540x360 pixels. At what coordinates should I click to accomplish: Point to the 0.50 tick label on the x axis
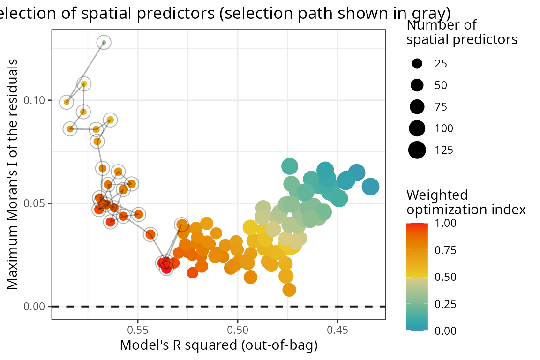coord(237,330)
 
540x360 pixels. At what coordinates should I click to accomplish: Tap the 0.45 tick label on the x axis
coord(337,330)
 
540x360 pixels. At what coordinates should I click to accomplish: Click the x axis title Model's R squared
coord(219,346)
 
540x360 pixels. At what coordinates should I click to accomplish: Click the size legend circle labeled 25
coord(417,64)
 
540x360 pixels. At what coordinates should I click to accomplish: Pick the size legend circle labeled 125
coord(417,150)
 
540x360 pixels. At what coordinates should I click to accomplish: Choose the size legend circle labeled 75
coord(417,107)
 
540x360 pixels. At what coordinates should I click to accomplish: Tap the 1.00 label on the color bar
coord(446,224)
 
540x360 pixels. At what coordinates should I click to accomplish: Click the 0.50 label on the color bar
coord(446,277)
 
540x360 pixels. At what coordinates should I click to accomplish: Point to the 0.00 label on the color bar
coord(446,330)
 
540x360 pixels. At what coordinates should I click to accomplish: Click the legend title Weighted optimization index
coord(466,202)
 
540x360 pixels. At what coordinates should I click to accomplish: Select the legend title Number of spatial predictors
coord(462,32)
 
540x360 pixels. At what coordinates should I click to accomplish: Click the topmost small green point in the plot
coord(104,43)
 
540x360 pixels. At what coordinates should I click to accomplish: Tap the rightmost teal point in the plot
coord(370,187)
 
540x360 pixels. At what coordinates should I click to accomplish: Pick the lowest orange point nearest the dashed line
coord(289,290)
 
